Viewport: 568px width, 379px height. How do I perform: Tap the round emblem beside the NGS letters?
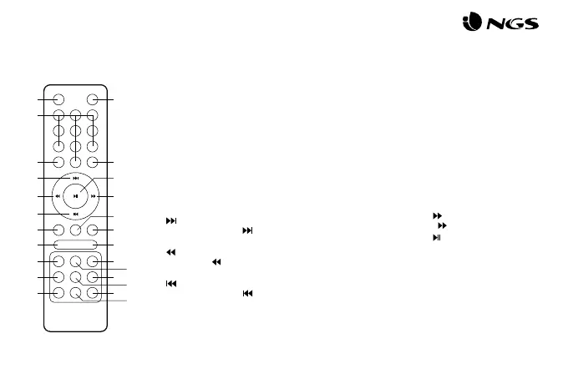click(x=471, y=25)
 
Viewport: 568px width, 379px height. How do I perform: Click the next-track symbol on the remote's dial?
click(x=75, y=178)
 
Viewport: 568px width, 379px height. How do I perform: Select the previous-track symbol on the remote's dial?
click(x=75, y=215)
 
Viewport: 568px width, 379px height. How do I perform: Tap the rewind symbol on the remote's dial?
click(x=57, y=197)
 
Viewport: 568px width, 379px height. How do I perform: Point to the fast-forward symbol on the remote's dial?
click(x=94, y=197)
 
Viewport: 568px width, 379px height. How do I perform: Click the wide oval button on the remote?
click(x=75, y=244)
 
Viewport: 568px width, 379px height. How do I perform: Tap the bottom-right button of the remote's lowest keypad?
click(x=92, y=293)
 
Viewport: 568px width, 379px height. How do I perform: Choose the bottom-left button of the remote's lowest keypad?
click(x=58, y=293)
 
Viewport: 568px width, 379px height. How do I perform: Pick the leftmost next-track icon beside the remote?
click(x=172, y=221)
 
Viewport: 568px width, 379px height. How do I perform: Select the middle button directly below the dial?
click(x=75, y=229)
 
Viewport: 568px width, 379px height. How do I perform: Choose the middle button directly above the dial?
click(x=75, y=161)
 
